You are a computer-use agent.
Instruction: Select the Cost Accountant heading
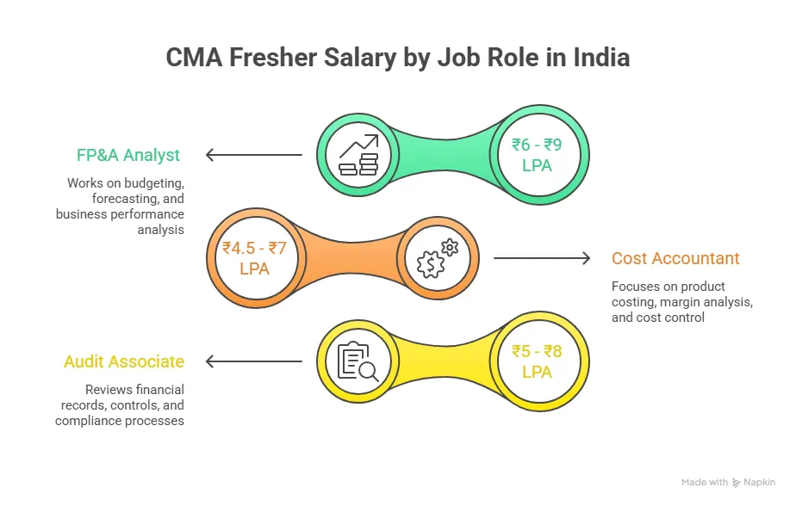(x=675, y=258)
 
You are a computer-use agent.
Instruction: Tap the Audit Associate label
(x=124, y=362)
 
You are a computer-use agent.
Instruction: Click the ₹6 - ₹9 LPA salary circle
(x=537, y=155)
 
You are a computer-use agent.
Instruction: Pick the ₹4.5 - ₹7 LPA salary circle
(x=254, y=258)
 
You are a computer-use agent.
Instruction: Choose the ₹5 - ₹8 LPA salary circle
(x=537, y=361)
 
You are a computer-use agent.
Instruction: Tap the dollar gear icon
(x=437, y=258)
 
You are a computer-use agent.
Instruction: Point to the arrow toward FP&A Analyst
(x=253, y=155)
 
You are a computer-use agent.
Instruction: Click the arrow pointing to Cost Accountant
(x=541, y=258)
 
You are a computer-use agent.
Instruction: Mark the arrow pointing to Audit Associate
(x=253, y=361)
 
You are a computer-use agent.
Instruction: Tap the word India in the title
(x=599, y=58)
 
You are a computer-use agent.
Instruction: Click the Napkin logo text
(x=761, y=483)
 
